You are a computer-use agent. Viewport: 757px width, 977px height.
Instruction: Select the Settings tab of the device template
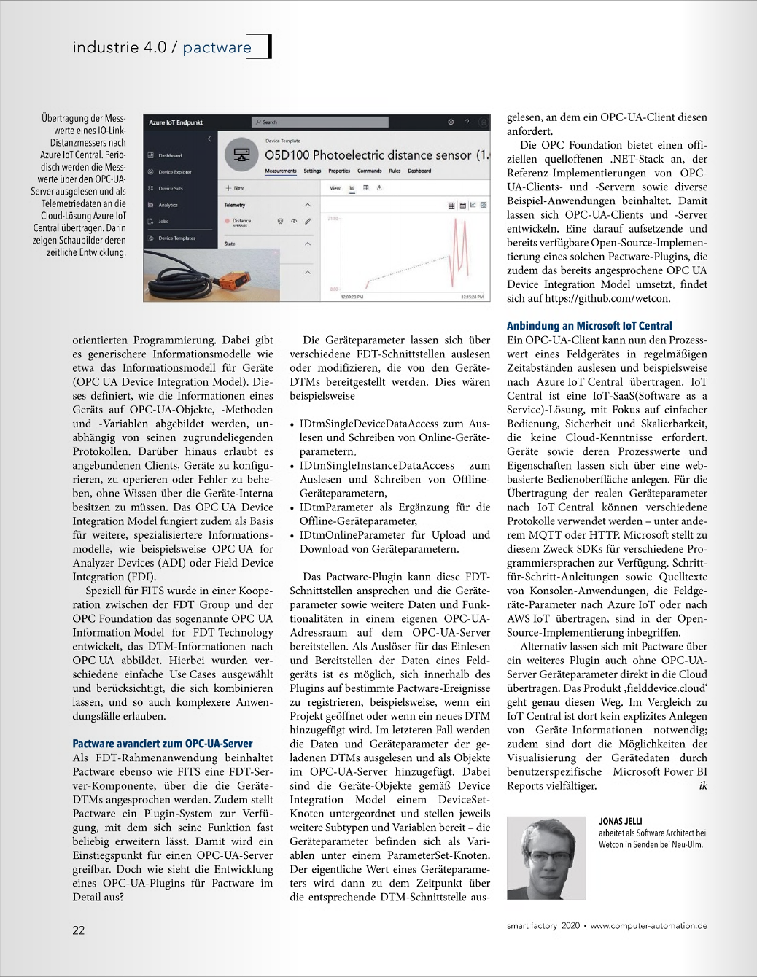[312, 171]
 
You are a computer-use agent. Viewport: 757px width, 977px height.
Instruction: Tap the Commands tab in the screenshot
[369, 171]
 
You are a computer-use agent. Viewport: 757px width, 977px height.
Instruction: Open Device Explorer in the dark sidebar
[174, 172]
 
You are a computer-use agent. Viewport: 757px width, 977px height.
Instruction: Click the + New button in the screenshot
[235, 188]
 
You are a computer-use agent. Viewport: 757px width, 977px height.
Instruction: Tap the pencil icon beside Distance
[308, 221]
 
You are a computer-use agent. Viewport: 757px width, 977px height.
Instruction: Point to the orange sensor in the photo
[231, 280]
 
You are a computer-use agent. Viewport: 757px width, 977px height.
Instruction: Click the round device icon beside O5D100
[241, 155]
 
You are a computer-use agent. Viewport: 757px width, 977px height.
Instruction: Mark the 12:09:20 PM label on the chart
[352, 297]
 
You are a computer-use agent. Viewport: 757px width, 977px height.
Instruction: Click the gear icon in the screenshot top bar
[451, 122]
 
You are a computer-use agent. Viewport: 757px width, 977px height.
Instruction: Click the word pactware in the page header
[217, 48]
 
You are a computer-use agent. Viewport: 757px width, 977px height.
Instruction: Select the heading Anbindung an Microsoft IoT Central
[589, 326]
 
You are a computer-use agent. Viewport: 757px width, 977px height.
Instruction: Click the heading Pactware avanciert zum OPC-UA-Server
[163, 744]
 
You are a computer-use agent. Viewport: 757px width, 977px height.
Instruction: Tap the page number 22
[79, 930]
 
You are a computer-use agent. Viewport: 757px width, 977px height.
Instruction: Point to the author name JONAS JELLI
[621, 821]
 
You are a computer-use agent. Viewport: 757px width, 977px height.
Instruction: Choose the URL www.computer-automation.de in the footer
[648, 926]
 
